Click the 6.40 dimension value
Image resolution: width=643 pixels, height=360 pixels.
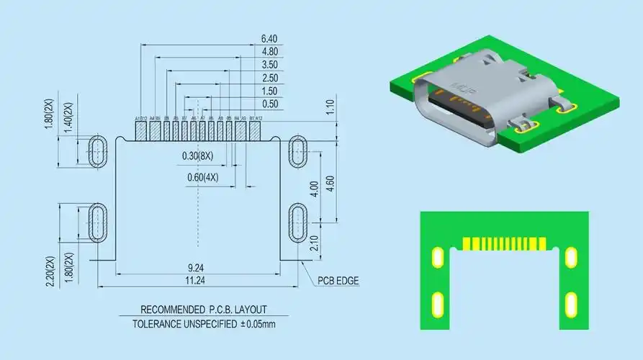(x=269, y=38)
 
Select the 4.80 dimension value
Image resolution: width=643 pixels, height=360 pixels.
(x=269, y=52)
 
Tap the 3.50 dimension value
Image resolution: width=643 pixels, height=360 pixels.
(x=269, y=65)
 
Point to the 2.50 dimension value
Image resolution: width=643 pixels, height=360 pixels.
(x=269, y=78)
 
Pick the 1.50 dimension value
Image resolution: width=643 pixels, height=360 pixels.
(x=269, y=91)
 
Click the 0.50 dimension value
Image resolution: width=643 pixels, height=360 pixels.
(x=269, y=104)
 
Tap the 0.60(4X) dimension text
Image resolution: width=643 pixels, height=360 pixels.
(x=202, y=177)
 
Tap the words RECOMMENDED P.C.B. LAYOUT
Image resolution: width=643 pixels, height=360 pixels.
(x=204, y=309)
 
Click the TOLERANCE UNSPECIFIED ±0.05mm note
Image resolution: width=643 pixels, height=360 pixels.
(x=204, y=324)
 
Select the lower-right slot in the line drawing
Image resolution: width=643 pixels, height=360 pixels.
(x=298, y=223)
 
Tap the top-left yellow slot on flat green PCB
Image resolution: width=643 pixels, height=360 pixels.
(x=436, y=257)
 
